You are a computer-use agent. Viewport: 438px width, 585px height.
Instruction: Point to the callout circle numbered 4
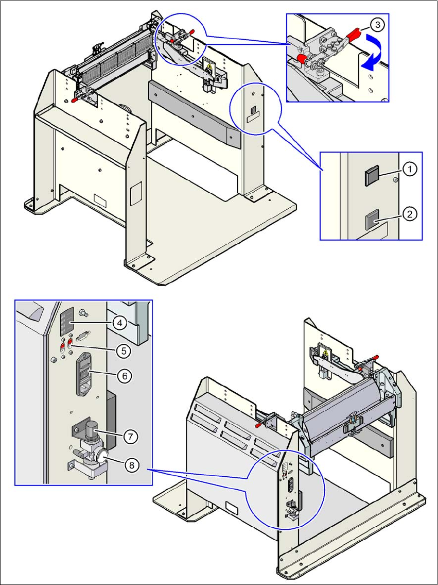point(118,323)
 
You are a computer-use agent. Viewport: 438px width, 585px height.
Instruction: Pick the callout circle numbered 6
point(124,376)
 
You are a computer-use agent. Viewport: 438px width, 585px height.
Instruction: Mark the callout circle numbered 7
point(130,436)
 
